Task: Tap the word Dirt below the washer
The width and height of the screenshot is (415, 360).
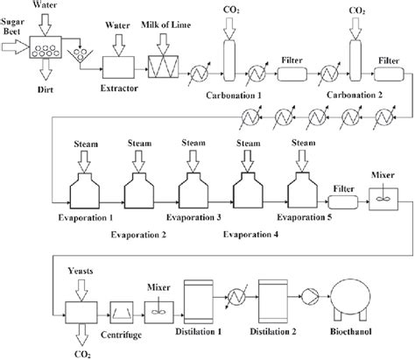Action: [x=48, y=89]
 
